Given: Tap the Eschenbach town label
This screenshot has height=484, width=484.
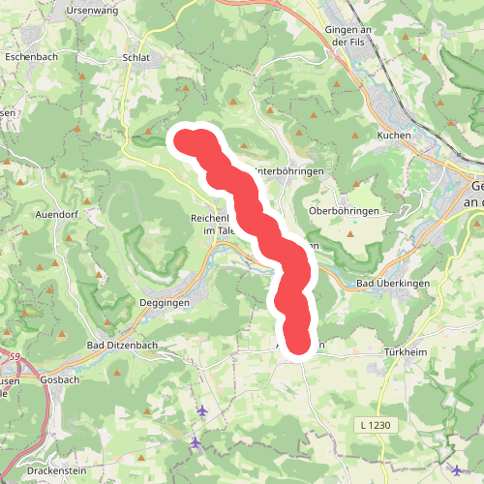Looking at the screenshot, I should (33, 57).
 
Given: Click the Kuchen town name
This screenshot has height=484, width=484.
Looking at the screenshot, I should (395, 136).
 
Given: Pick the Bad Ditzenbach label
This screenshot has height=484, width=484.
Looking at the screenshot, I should (123, 346).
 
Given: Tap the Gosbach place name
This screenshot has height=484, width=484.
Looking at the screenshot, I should (59, 380).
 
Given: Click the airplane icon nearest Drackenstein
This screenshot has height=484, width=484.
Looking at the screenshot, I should (196, 442).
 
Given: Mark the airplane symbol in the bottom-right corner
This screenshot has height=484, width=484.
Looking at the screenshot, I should (457, 470).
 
